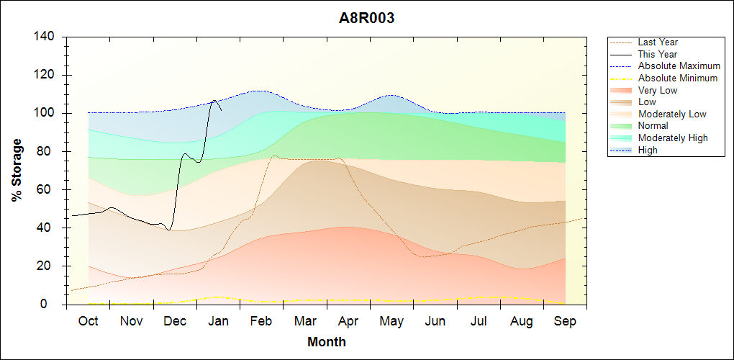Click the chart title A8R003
367,19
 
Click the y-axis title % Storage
17,174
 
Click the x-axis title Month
327,342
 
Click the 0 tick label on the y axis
53,305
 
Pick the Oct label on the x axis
88,321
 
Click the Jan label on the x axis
218,321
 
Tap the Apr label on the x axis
348,321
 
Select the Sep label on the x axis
565,321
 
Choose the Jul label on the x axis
479,321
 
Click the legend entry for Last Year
658,42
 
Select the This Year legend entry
658,54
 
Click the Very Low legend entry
658,90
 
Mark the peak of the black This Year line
214,100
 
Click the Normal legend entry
653,126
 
